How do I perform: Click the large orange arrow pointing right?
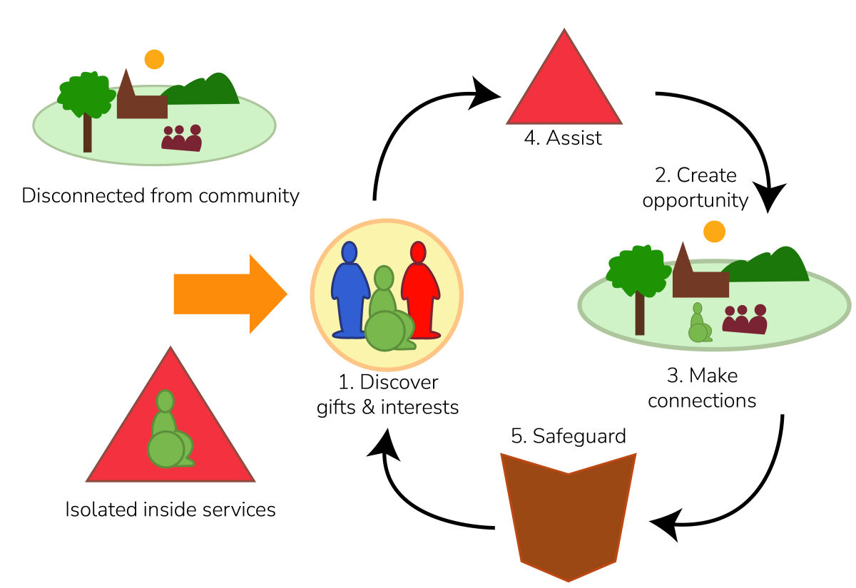point(228,294)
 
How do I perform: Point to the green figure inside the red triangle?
point(168,435)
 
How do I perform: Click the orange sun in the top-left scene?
point(154,59)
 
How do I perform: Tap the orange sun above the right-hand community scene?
point(714,232)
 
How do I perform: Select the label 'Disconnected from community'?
point(160,196)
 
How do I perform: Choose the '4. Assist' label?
point(563,138)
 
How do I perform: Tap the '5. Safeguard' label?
point(569,435)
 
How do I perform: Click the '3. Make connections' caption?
point(703,388)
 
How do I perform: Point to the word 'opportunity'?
point(695,200)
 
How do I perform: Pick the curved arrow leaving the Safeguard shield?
point(414,499)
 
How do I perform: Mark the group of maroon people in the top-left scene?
point(182,138)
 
